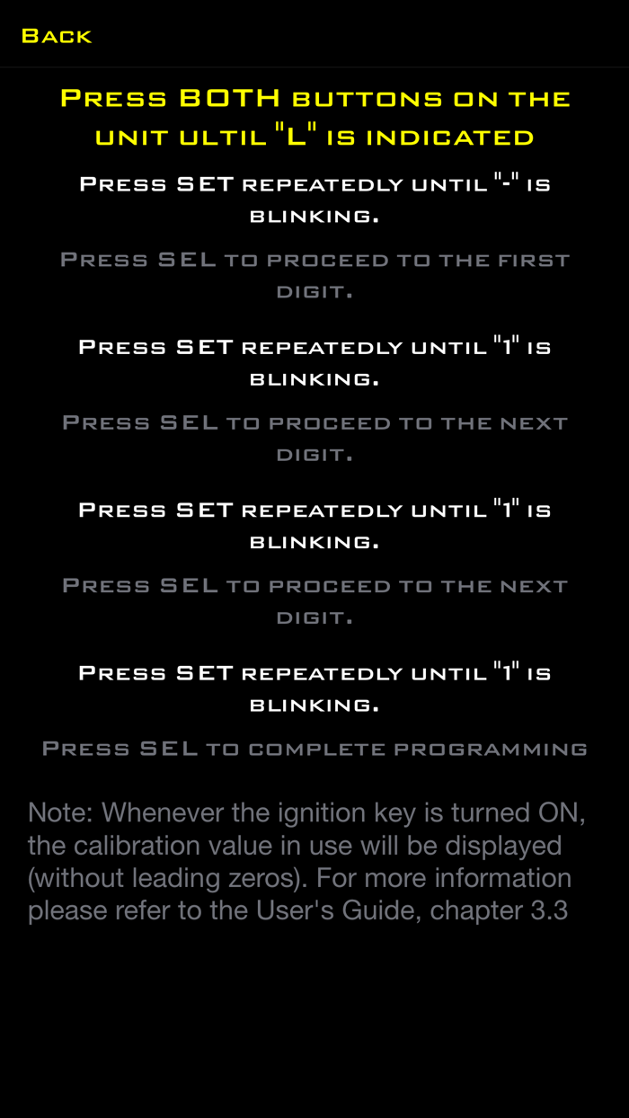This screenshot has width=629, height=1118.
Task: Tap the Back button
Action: [x=57, y=36]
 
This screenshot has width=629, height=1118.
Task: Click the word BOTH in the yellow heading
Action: [x=230, y=98]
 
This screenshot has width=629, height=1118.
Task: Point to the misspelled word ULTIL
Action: [x=223, y=138]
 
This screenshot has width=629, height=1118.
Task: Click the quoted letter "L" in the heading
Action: [x=296, y=136]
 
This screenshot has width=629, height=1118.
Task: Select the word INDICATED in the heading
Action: [x=450, y=138]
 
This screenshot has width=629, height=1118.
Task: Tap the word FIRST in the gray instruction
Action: [x=534, y=260]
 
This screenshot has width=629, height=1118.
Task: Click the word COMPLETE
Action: [x=317, y=750]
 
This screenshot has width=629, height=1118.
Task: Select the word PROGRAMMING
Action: [x=491, y=750]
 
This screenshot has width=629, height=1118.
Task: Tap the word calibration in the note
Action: [x=136, y=846]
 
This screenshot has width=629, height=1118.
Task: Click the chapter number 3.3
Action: [x=549, y=910]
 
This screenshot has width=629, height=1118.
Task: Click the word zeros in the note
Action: [x=268, y=878]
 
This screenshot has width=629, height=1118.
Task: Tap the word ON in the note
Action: [x=561, y=813]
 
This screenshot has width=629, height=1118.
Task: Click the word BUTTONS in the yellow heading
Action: [x=368, y=100]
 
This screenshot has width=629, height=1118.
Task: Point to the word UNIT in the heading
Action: [x=132, y=138]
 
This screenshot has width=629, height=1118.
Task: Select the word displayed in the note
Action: [x=503, y=847]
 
